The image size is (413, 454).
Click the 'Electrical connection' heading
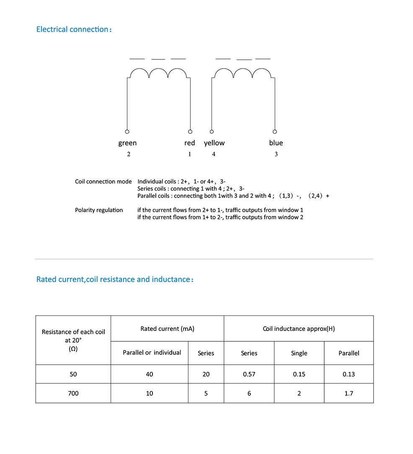pyautogui.click(x=74, y=29)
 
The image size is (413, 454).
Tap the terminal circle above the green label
pyautogui.click(x=127, y=131)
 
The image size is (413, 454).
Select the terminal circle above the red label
pyautogui.click(x=190, y=131)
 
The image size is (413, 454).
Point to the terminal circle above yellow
pyautogui.click(x=212, y=131)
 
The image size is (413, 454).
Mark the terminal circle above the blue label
pyautogui.click(x=275, y=131)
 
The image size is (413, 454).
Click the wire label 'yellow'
pyautogui.click(x=214, y=143)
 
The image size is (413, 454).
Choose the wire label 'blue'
pyautogui.click(x=276, y=143)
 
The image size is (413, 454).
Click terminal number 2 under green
pyautogui.click(x=129, y=154)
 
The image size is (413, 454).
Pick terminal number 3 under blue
pyautogui.click(x=276, y=154)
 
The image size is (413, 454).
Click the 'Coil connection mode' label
pyautogui.click(x=103, y=182)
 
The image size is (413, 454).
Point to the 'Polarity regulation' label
pyautogui.click(x=99, y=210)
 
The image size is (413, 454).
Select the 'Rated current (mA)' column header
pyautogui.click(x=167, y=329)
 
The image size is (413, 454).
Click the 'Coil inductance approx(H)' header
pyautogui.click(x=298, y=329)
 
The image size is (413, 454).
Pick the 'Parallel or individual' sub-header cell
pyautogui.click(x=152, y=353)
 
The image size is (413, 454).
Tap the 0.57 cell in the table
pyautogui.click(x=249, y=374)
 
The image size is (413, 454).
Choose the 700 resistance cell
pyautogui.click(x=73, y=393)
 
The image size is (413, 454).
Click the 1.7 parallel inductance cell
pyautogui.click(x=348, y=393)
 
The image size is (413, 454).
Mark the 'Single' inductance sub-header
pyautogui.click(x=299, y=353)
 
